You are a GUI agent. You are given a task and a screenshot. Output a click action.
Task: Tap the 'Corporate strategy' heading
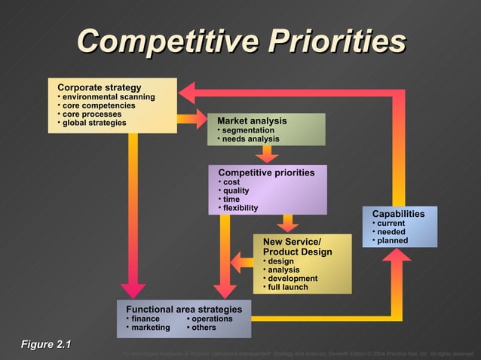(100, 87)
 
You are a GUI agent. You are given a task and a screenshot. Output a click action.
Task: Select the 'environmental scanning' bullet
(108, 97)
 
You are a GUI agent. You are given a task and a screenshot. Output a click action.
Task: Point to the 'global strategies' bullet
(94, 123)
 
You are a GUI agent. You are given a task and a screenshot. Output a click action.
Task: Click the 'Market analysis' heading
(252, 121)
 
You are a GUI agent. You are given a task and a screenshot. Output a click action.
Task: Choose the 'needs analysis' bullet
(250, 139)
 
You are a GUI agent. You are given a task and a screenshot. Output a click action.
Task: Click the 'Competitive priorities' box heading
(266, 172)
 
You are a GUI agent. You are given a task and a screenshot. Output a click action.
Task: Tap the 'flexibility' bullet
(240, 208)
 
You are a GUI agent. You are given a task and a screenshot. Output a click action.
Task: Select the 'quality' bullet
(236, 191)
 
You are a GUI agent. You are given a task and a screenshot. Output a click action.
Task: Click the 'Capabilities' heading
(398, 214)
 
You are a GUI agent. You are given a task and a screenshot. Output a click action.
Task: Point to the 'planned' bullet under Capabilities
(392, 241)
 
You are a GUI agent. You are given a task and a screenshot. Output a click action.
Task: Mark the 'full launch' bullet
(287, 287)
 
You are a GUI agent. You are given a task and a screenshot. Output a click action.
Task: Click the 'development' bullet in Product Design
(293, 278)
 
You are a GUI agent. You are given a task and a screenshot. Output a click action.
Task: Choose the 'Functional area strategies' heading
(184, 310)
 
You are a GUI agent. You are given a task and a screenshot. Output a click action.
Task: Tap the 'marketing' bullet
(150, 328)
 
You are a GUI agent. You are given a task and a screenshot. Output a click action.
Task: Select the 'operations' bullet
(212, 319)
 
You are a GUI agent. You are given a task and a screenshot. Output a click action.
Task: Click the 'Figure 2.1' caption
(45, 345)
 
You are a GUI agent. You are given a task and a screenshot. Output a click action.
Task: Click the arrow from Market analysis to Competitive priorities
(266, 154)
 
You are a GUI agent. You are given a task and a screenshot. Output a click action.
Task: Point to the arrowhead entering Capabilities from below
(397, 255)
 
